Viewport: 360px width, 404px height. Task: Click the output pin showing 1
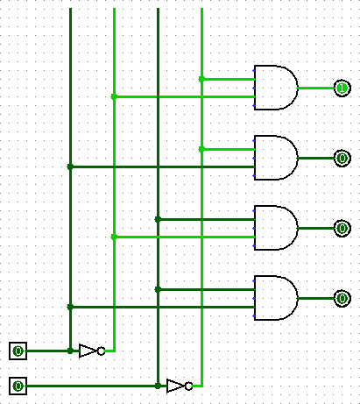342,88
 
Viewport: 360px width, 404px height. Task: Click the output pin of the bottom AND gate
342,298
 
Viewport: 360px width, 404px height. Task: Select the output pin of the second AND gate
342,158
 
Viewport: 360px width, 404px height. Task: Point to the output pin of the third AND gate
342,228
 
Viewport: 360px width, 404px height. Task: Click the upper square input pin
18,351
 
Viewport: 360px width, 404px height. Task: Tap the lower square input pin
18,386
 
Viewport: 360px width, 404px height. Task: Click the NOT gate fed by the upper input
92,351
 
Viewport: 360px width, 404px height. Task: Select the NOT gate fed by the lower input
180,386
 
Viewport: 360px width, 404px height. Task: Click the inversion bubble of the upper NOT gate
101,351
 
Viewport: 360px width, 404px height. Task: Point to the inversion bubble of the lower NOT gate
188,386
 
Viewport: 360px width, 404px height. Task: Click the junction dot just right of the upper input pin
70,351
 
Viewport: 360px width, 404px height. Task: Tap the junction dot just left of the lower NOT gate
158,386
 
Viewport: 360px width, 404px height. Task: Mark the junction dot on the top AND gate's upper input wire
201,79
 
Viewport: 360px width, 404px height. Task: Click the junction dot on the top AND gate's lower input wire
114,96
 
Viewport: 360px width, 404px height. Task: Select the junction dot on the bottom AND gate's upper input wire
158,289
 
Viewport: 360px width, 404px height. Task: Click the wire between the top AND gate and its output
316,88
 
